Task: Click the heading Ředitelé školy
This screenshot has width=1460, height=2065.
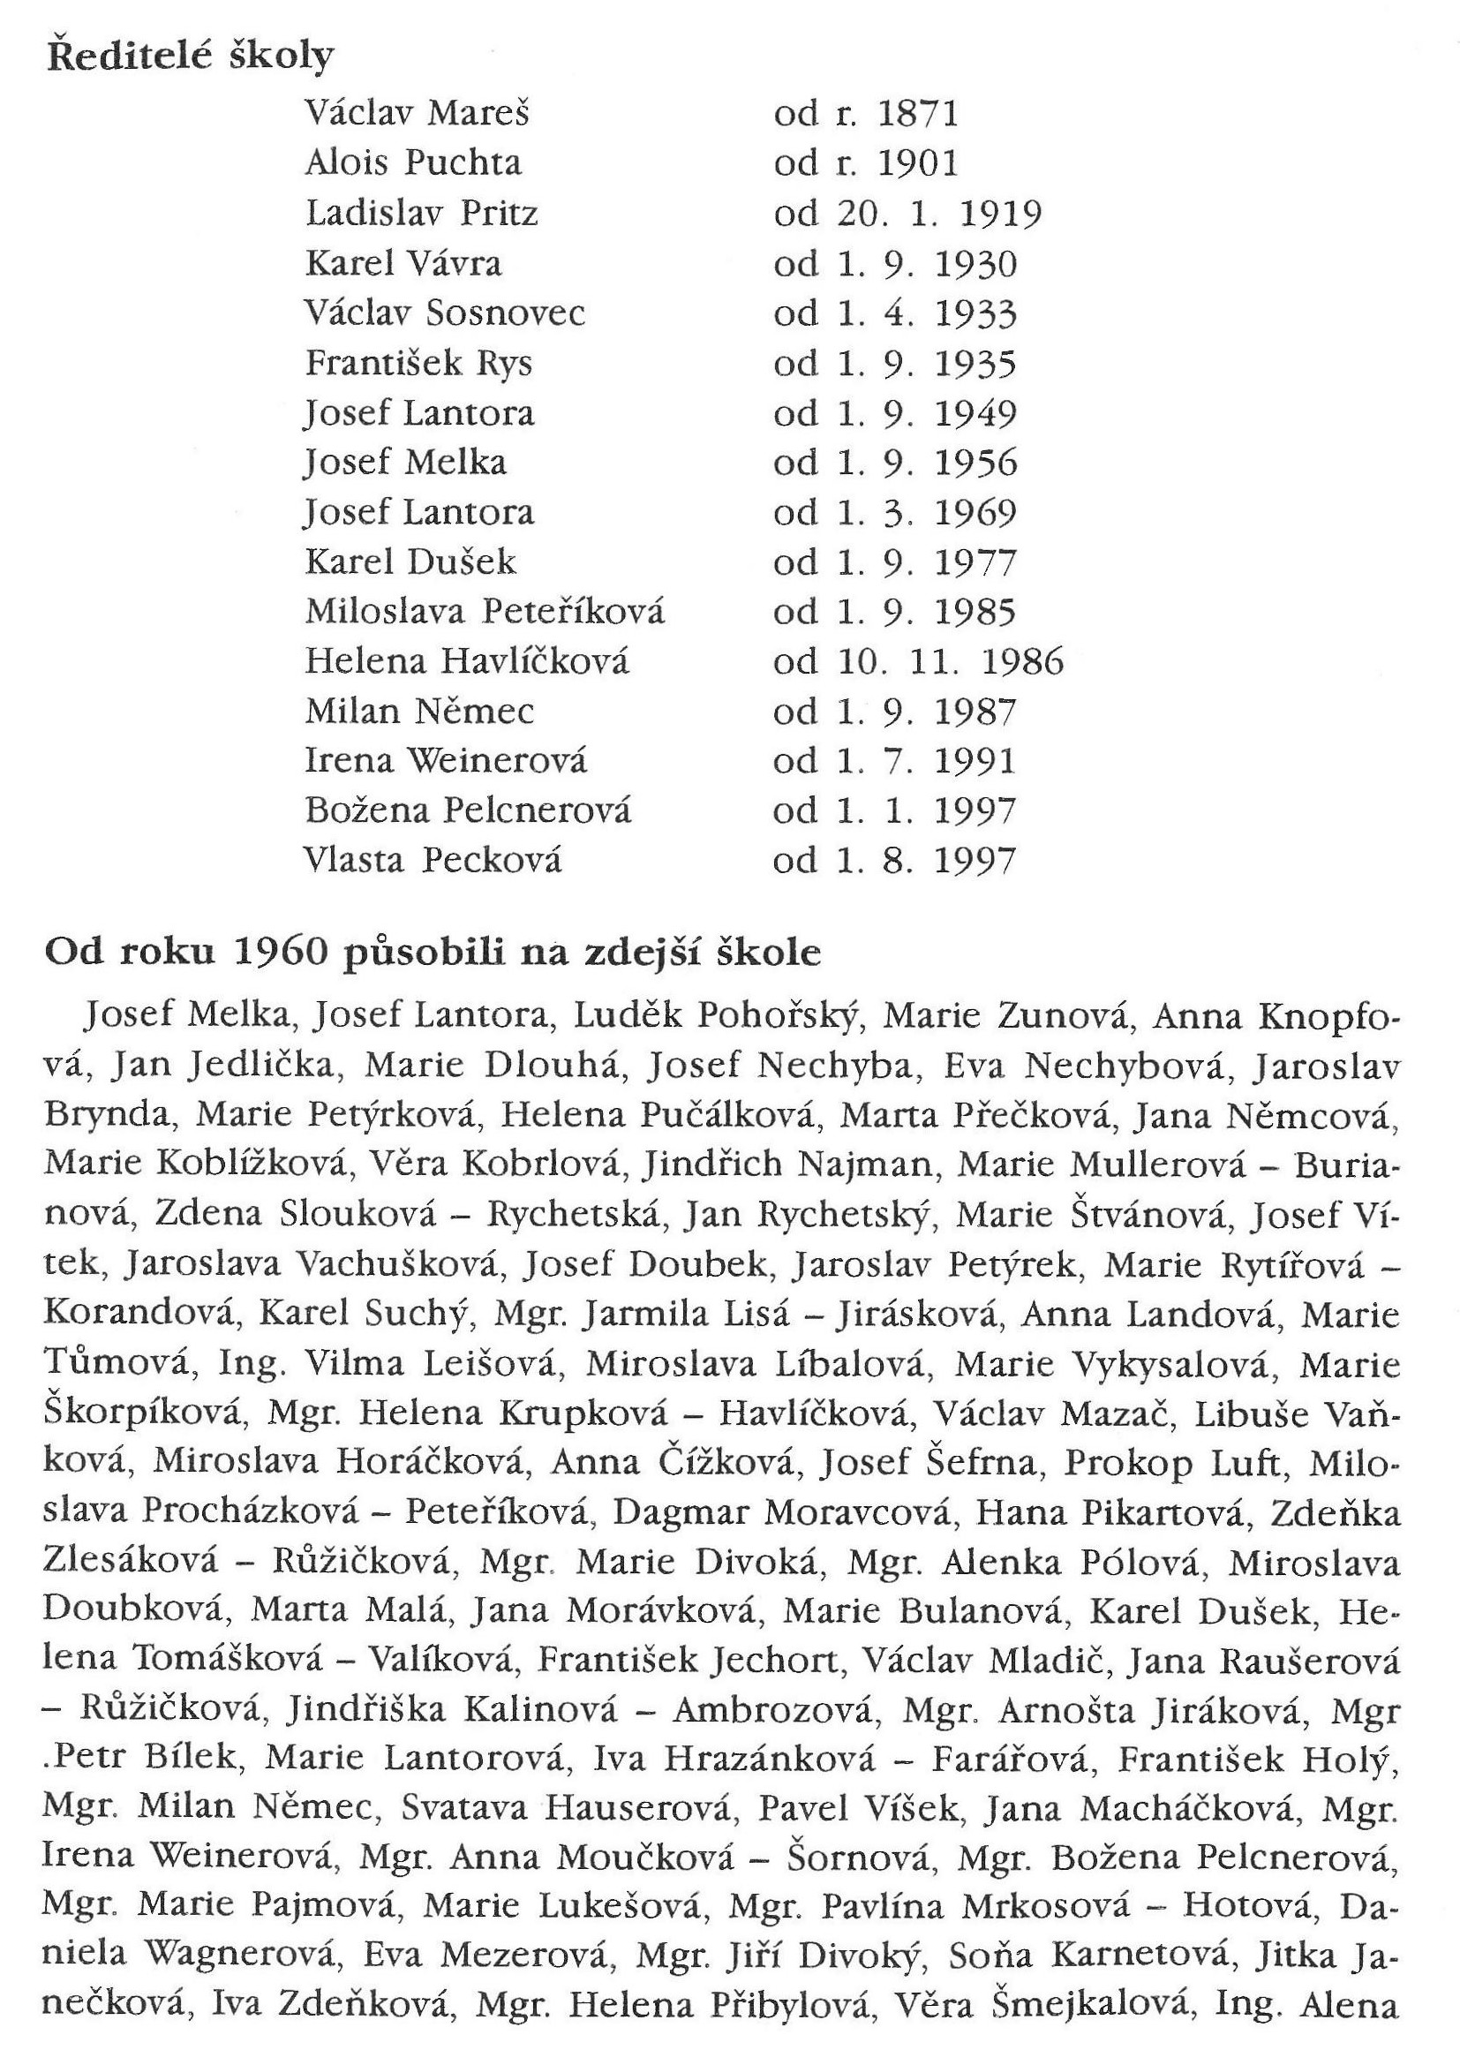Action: [189, 56]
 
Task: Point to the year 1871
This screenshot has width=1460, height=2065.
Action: [918, 113]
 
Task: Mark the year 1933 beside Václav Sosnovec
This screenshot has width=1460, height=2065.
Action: [975, 313]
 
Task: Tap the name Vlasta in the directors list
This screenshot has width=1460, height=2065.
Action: [353, 861]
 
